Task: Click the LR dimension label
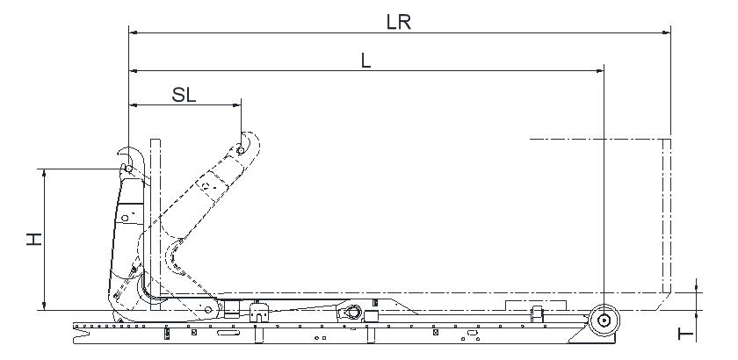(x=399, y=22)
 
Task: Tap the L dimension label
(x=365, y=61)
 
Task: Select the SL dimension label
(x=184, y=95)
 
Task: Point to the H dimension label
(x=34, y=239)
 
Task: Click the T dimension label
(x=686, y=335)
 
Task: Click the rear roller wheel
(x=604, y=320)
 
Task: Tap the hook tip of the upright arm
(x=119, y=153)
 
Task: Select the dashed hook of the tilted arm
(x=250, y=143)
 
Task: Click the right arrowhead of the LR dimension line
(x=667, y=32)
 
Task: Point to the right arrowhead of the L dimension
(x=599, y=70)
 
